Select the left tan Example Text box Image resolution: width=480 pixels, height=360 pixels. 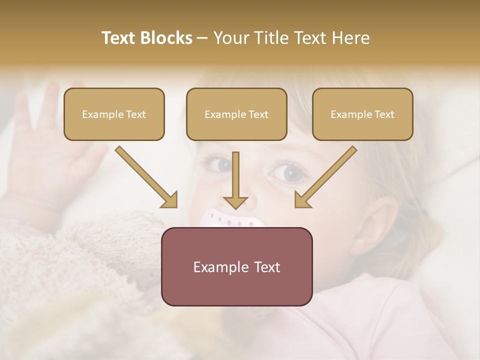point(114,114)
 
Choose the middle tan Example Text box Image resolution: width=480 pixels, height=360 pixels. point(236,114)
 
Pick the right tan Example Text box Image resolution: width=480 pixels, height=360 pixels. point(362,114)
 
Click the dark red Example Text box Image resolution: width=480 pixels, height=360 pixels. point(236,266)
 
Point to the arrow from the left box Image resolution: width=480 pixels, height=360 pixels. point(146,177)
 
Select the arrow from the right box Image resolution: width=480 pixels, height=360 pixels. point(325,177)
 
